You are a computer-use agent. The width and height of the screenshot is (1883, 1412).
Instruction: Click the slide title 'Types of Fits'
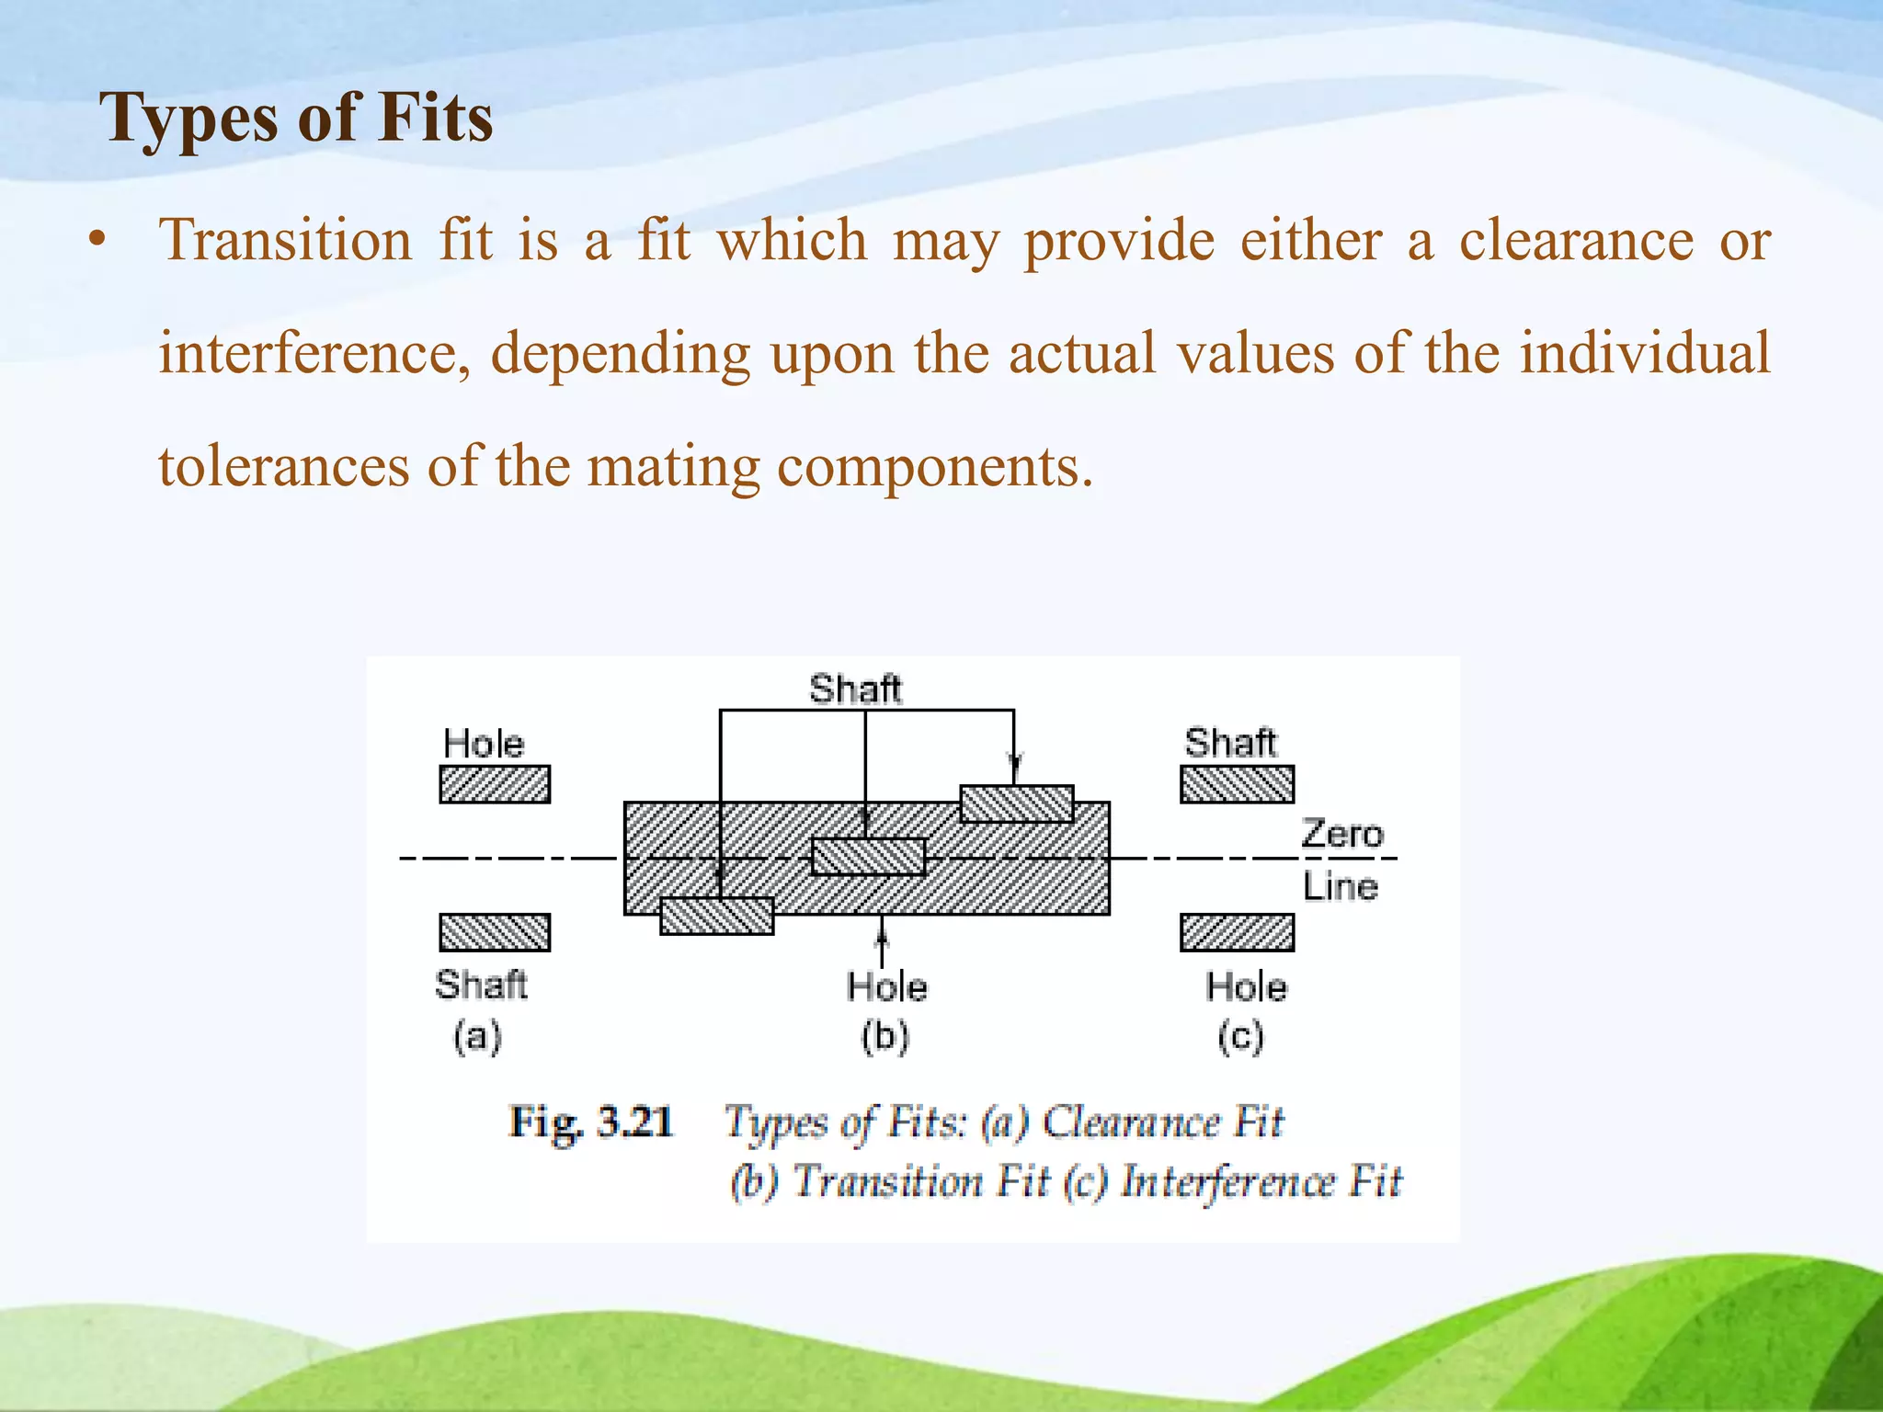pos(296,118)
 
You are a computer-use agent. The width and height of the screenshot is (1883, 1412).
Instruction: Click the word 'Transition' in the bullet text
pos(285,241)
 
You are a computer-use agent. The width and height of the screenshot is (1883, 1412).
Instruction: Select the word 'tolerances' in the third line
pos(283,467)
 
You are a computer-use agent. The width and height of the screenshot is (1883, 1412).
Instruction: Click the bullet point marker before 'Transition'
pos(97,242)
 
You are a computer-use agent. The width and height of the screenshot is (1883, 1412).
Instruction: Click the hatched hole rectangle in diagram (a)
pos(495,784)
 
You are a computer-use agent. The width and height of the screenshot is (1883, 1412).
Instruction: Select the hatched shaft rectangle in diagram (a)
pos(495,932)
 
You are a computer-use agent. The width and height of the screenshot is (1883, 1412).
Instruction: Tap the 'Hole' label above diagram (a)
pos(484,744)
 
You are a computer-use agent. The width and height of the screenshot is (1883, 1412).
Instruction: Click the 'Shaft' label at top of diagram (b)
pos(855,689)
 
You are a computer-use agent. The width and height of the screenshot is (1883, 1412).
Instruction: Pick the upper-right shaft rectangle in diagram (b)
pos(1017,803)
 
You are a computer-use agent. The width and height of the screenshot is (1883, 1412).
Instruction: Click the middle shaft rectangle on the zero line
pos(868,857)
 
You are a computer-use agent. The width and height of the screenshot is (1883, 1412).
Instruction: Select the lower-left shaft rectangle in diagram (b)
pos(717,917)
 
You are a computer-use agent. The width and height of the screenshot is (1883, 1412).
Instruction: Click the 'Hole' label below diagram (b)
pos(886,987)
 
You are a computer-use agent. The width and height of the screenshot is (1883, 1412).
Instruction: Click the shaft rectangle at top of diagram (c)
pos(1237,784)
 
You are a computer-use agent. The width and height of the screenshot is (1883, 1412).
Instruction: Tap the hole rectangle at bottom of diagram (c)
pos(1237,932)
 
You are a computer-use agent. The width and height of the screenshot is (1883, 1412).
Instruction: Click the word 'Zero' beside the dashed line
pos(1341,834)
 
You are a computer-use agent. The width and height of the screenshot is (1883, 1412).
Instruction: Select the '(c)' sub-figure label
pos(1240,1037)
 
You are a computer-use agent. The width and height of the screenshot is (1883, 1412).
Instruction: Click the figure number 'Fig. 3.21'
pos(592,1122)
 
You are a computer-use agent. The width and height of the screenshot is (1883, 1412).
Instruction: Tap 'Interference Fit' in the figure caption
pos(1261,1181)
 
